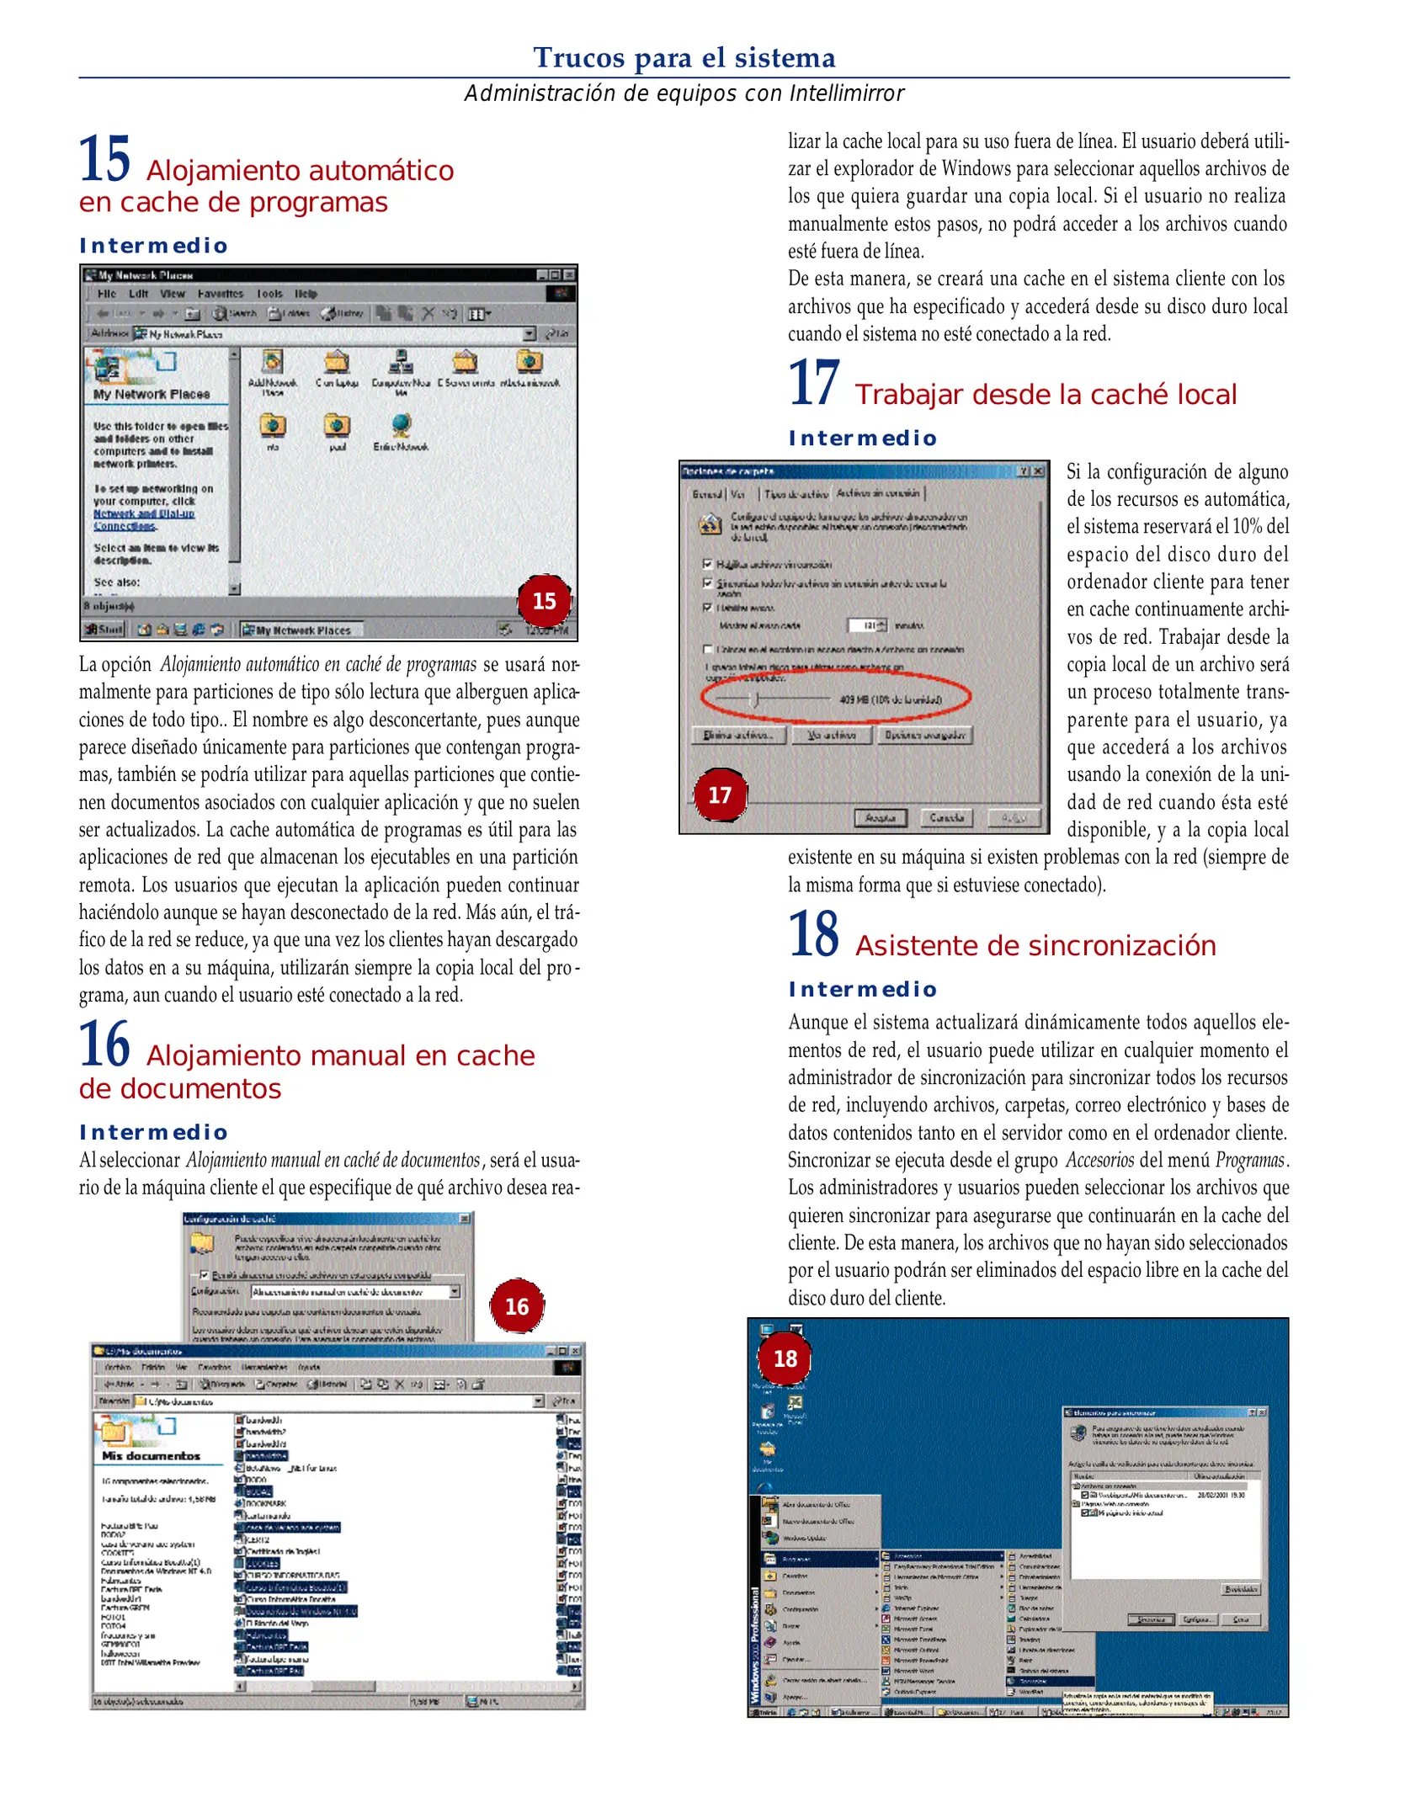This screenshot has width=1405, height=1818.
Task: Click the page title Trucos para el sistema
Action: tap(684, 57)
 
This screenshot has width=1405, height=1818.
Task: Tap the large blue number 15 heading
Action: tap(105, 159)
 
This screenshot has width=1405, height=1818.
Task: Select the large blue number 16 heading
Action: tap(105, 1045)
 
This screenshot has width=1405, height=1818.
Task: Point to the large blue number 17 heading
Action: tap(814, 384)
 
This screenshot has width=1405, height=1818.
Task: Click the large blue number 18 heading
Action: tap(814, 935)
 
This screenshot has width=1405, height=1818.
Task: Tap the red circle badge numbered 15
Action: tap(544, 601)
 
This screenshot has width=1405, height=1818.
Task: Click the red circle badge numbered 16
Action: tap(516, 1306)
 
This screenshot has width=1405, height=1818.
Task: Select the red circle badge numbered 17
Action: tap(720, 795)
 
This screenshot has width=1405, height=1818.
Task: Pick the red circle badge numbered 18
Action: tap(785, 1358)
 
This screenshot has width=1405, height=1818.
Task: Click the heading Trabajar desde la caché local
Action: tap(1046, 395)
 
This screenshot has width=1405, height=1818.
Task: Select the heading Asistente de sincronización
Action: tap(1035, 946)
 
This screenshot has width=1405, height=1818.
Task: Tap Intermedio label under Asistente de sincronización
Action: tap(862, 990)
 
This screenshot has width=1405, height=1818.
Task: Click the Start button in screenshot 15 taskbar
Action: tap(104, 630)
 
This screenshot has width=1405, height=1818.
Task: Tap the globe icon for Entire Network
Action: tap(402, 425)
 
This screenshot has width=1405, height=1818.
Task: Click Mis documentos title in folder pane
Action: tap(151, 1456)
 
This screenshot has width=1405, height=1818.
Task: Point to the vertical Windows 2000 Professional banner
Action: tap(755, 1645)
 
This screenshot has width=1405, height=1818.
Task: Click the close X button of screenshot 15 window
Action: tap(570, 275)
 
